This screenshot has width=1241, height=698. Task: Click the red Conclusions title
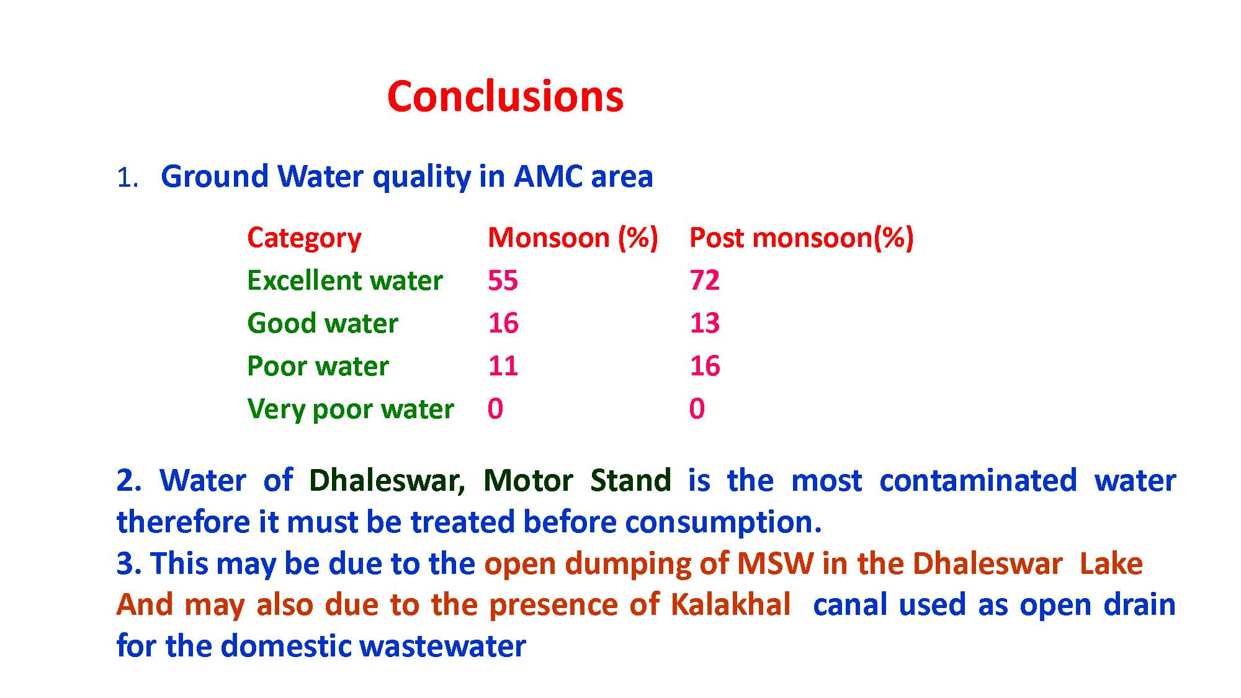pyautogui.click(x=505, y=97)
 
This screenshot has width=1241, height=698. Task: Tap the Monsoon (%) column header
pyautogui.click(x=573, y=238)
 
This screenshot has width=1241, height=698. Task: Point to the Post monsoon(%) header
pyautogui.click(x=802, y=238)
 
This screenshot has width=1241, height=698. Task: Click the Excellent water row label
pyautogui.click(x=345, y=281)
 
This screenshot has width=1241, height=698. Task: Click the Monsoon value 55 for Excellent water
pyautogui.click(x=503, y=281)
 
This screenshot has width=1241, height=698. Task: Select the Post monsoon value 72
pyautogui.click(x=704, y=281)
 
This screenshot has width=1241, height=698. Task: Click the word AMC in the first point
pyautogui.click(x=548, y=177)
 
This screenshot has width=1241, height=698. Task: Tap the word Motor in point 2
pyautogui.click(x=528, y=481)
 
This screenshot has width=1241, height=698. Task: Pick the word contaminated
pyautogui.click(x=979, y=481)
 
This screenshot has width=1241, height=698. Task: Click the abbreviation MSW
pyautogui.click(x=775, y=564)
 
